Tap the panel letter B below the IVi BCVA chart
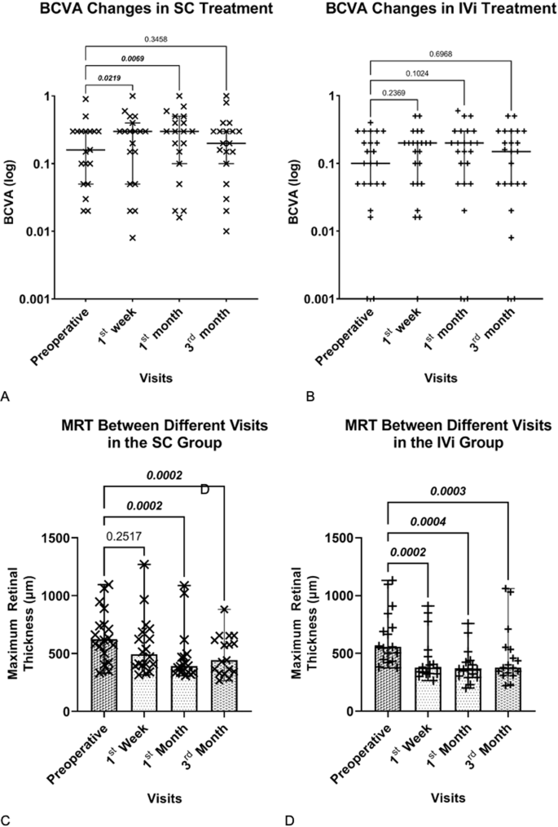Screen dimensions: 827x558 point(285,397)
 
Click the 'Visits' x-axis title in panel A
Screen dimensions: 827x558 point(155,377)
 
